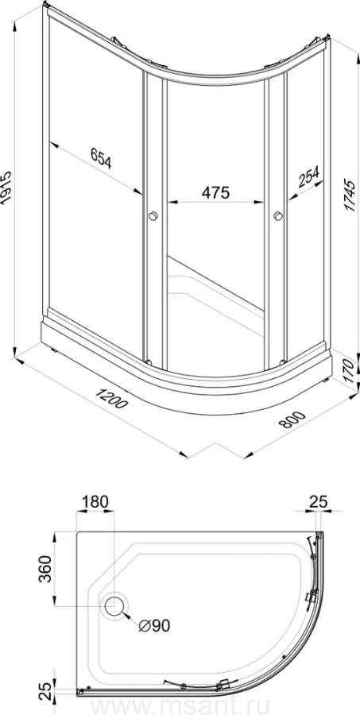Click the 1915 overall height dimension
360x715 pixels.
click(6, 190)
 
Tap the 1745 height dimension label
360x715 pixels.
click(350, 195)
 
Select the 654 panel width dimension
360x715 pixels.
click(101, 158)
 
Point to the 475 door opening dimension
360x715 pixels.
click(215, 192)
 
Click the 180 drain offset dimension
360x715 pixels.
click(95, 502)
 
